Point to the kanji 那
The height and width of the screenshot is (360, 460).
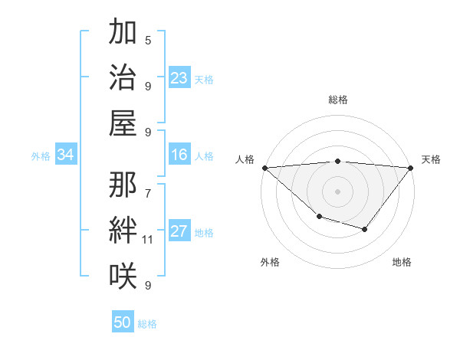coord(123,185)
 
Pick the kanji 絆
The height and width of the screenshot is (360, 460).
coord(123,230)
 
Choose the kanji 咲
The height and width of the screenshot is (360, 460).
coord(123,274)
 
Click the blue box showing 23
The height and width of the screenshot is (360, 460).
coord(179,78)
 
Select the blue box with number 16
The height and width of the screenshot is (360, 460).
coord(179,155)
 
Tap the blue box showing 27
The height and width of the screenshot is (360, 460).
coord(179,232)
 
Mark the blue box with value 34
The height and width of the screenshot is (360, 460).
coord(66,155)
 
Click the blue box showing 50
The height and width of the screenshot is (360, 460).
coord(123,322)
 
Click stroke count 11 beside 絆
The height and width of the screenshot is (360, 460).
coord(148,240)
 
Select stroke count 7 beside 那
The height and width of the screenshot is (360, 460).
coord(148,186)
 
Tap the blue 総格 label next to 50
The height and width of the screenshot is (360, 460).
coord(148,324)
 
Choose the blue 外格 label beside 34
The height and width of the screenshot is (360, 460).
coord(41,156)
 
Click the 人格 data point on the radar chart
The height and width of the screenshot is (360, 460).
coord(264,168)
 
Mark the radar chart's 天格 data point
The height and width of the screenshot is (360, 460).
coord(411,168)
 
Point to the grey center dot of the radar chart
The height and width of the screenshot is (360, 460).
coord(337,191)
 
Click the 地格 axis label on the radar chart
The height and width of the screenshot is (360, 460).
coord(402,262)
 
